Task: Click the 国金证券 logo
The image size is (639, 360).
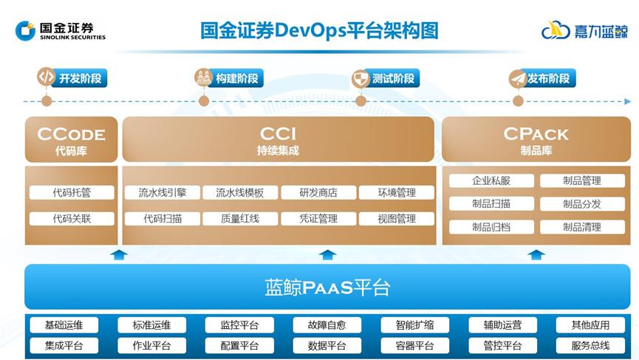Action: click(60, 31)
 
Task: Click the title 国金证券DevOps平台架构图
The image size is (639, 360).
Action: click(320, 30)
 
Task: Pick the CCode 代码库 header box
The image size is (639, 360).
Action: click(71, 139)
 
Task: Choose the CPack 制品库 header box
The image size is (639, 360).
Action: click(536, 139)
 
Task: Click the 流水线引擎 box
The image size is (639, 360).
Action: click(162, 193)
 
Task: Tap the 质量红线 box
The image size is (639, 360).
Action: click(240, 219)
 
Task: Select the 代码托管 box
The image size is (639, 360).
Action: click(72, 193)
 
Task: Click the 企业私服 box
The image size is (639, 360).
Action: click(491, 180)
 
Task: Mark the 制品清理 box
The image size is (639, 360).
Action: click(582, 227)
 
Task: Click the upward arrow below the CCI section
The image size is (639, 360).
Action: click(327, 255)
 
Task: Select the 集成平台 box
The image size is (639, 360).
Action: click(64, 345)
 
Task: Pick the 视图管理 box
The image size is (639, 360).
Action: click(397, 219)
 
